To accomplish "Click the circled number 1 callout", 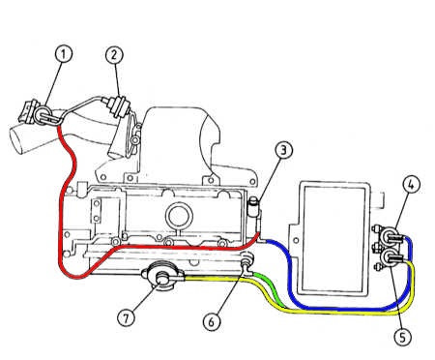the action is [x=63, y=54].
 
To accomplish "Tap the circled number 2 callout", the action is [x=114, y=55].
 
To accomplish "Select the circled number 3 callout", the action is [x=284, y=150].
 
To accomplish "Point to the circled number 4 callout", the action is [x=412, y=184].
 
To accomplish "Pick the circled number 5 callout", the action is [x=403, y=338].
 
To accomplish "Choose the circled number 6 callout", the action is [x=212, y=321].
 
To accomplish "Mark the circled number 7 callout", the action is [x=126, y=318].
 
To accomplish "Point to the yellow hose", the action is [x=322, y=313].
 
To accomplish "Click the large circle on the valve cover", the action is [x=179, y=216].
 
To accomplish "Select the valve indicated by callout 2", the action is [x=116, y=105].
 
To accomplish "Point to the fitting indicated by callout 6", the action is [x=247, y=262].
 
